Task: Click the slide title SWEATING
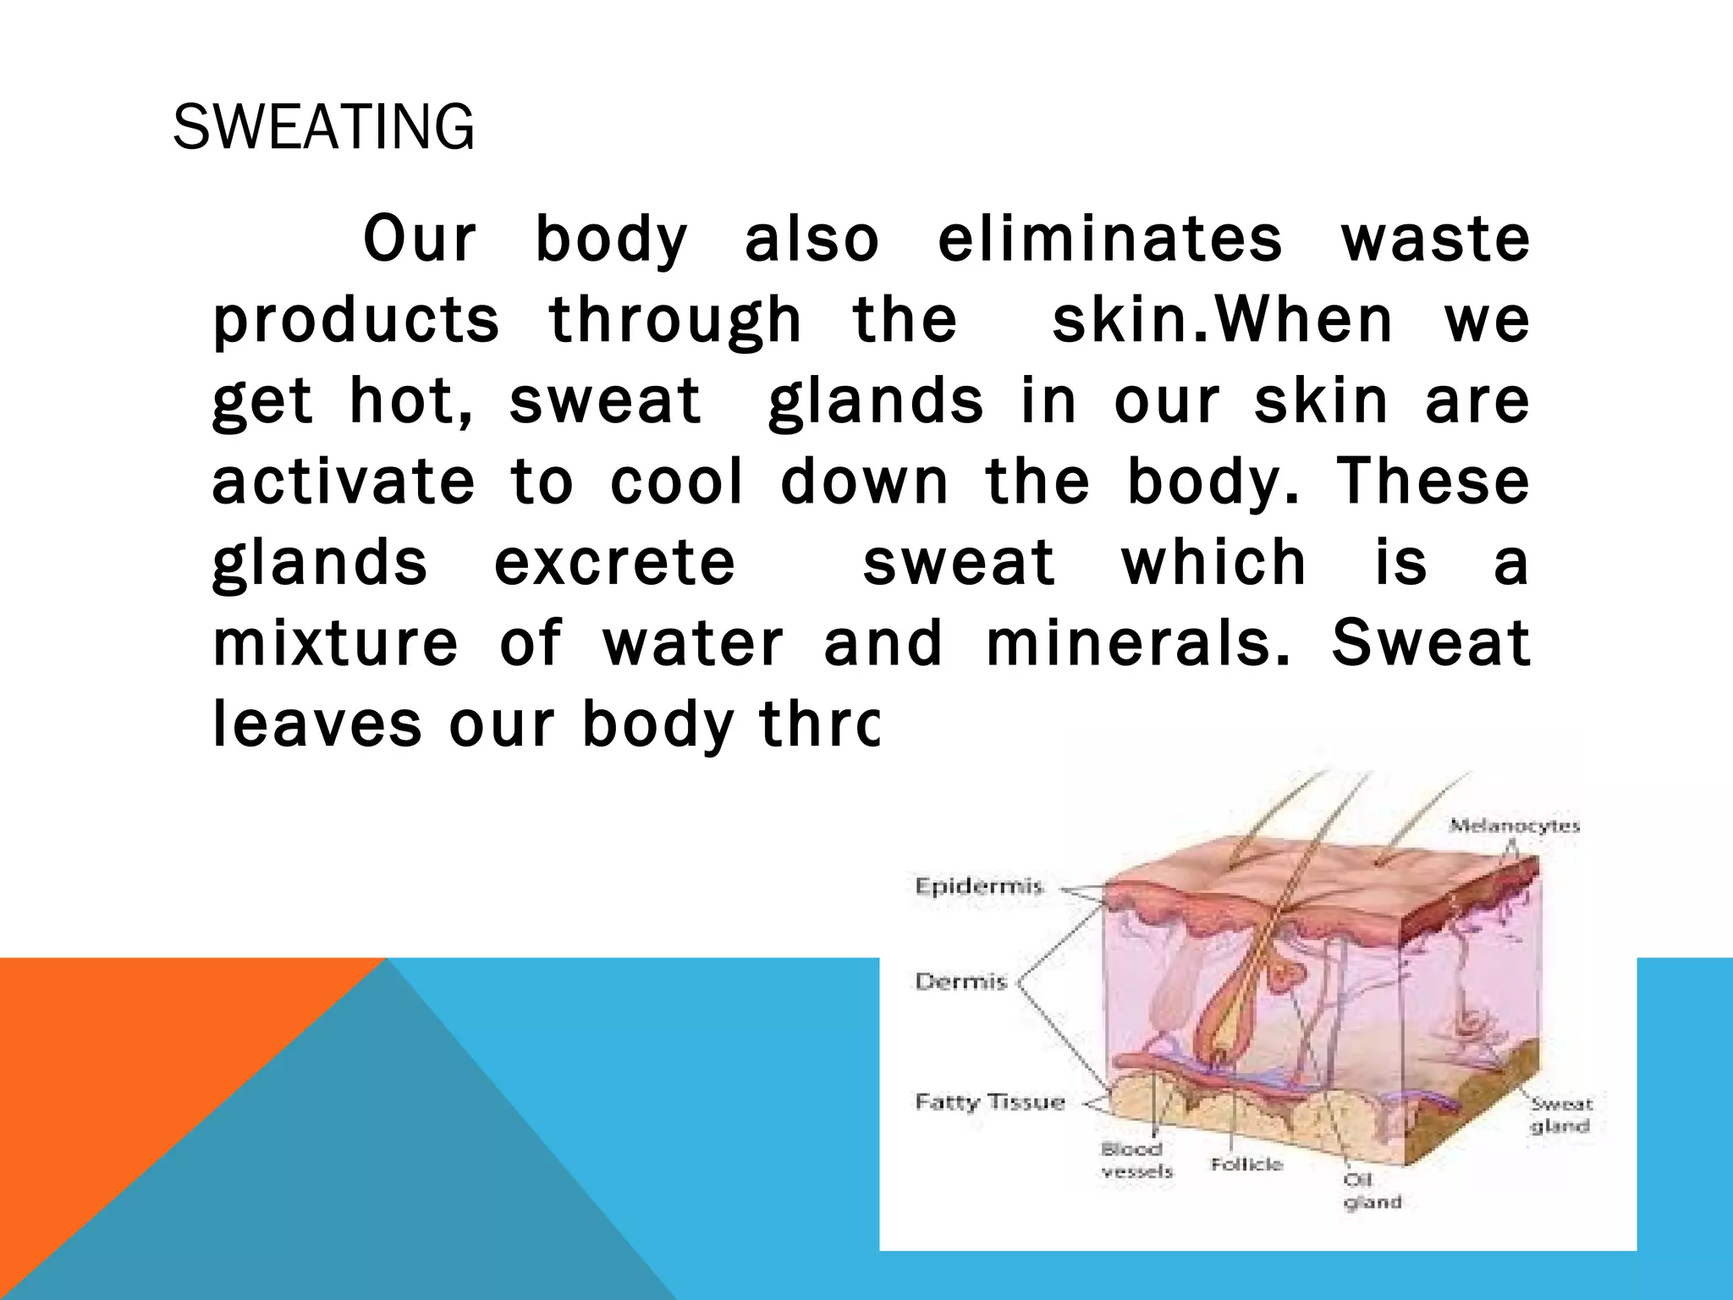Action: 323,128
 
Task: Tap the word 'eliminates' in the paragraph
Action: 1109,240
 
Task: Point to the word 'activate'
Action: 343,482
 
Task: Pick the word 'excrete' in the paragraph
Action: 614,564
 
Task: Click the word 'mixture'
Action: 335,644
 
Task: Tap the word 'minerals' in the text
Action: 1139,644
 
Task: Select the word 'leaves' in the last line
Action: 316,725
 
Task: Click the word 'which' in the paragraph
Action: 1214,564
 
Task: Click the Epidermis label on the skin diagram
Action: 978,887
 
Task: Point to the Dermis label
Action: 961,982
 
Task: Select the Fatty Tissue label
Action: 989,1102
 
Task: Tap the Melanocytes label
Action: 1514,825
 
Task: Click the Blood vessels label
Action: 1136,1160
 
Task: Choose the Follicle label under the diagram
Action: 1246,1165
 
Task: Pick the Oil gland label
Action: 1372,1191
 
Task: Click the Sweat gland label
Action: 1561,1115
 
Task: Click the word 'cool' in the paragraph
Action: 676,482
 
